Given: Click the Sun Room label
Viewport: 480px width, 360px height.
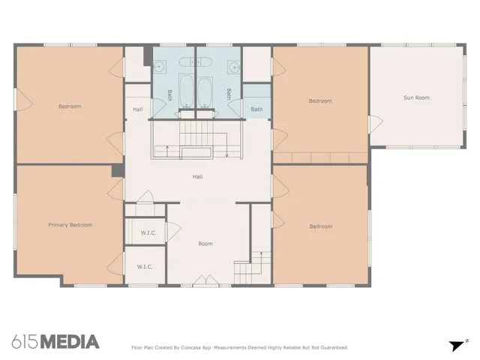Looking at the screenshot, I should tap(416, 97).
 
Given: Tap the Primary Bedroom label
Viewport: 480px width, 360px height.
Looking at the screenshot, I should tap(70, 225).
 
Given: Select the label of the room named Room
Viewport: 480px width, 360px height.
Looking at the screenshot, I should tap(205, 244).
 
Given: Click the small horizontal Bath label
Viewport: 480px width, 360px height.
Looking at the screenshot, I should tap(257, 109).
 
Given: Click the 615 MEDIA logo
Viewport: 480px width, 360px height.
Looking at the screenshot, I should tap(55, 342).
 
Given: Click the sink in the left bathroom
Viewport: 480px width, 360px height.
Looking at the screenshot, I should tap(160, 68).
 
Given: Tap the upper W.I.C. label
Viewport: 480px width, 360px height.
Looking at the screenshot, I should tap(148, 232).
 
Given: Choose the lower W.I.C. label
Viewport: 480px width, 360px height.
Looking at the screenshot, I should tap(145, 267).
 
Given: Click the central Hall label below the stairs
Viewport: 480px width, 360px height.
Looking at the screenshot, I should tap(197, 177).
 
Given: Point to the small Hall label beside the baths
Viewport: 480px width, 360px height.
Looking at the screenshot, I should tap(138, 109).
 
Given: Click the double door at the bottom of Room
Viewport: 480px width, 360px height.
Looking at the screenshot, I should tap(202, 281).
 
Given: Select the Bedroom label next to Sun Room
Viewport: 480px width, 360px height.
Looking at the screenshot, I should tap(320, 100).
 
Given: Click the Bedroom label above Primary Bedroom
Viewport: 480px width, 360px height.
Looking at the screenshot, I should tap(70, 106).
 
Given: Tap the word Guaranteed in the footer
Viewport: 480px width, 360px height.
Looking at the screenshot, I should tap(332, 347).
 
